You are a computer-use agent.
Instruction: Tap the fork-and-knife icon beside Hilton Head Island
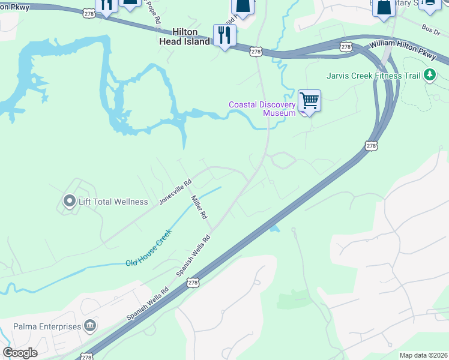224,35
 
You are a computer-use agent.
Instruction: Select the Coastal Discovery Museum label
262,109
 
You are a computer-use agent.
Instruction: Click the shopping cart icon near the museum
309,100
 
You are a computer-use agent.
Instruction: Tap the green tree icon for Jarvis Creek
429,75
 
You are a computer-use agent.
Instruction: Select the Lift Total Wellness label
113,202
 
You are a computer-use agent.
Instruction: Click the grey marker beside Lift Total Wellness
70,201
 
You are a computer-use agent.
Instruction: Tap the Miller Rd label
199,206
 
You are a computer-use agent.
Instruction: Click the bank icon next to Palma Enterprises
90,326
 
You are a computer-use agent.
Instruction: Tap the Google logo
20,353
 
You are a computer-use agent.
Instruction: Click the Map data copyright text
423,355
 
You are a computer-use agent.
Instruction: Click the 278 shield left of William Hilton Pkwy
345,46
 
